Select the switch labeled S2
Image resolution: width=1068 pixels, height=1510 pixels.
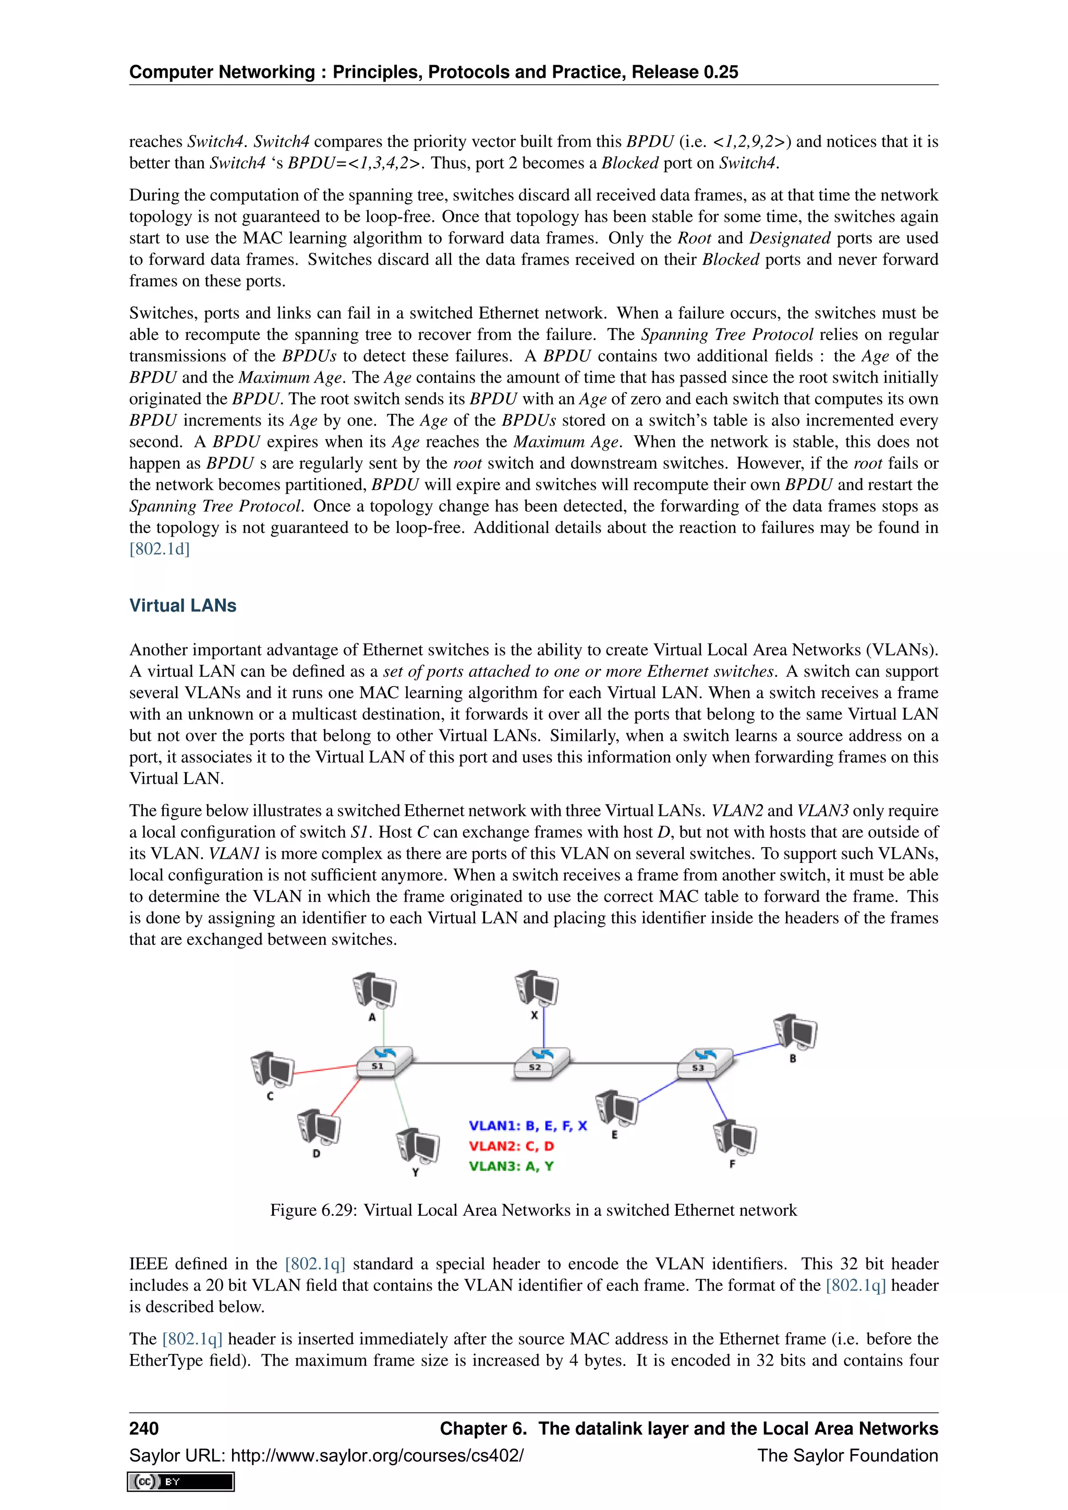tap(541, 1062)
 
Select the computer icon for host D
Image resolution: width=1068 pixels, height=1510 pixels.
tap(318, 1127)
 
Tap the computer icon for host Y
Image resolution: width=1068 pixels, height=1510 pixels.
tap(418, 1146)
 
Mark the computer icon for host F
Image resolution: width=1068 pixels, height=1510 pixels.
tap(735, 1137)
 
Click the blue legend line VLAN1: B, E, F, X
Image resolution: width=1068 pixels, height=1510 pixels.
tap(527, 1126)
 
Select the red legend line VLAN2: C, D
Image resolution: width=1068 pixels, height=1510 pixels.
tap(511, 1146)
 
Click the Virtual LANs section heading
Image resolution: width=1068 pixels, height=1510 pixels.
tap(183, 606)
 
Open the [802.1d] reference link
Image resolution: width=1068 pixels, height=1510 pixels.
tap(159, 549)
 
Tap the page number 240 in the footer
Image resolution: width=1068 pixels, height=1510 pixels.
tap(144, 1429)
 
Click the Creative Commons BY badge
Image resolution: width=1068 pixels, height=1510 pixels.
tap(181, 1482)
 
